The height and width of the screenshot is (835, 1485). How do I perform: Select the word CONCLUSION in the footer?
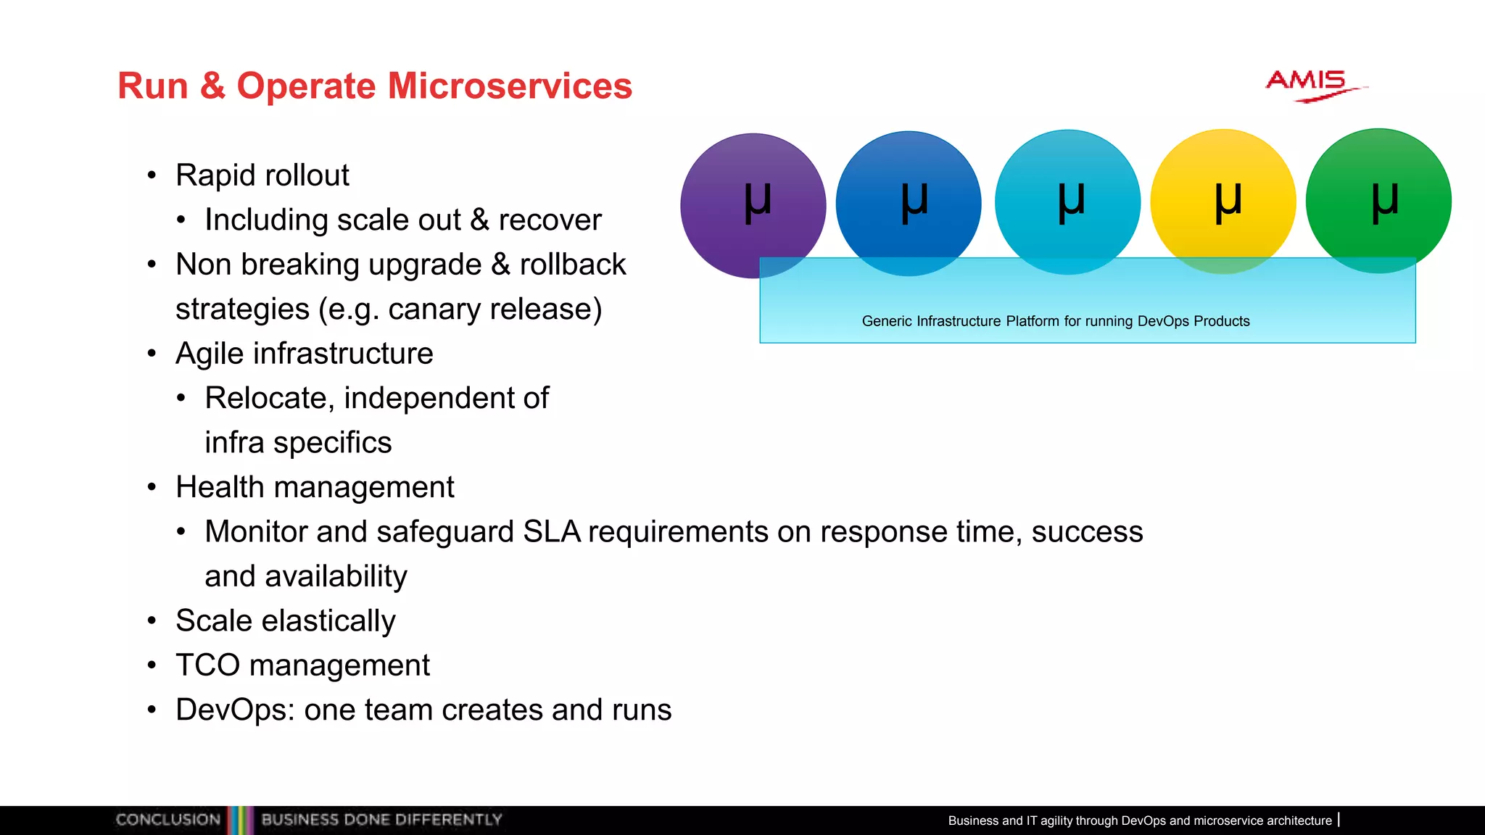pyautogui.click(x=167, y=820)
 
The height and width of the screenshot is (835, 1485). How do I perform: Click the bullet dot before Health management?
pyautogui.click(x=152, y=487)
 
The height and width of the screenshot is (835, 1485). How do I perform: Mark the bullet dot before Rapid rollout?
pyautogui.click(x=152, y=175)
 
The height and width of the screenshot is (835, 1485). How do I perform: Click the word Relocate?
pyautogui.click(x=265, y=398)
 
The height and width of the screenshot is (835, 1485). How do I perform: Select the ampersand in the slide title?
pyautogui.click(x=212, y=86)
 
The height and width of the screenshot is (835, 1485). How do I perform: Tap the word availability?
pyautogui.click(x=336, y=577)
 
